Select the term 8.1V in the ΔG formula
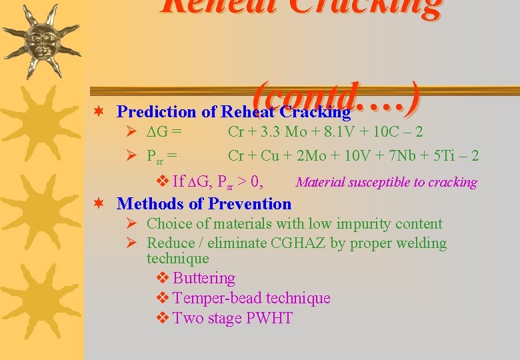335,132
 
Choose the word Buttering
204,278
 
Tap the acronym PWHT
269,318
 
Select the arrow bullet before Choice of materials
131,224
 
